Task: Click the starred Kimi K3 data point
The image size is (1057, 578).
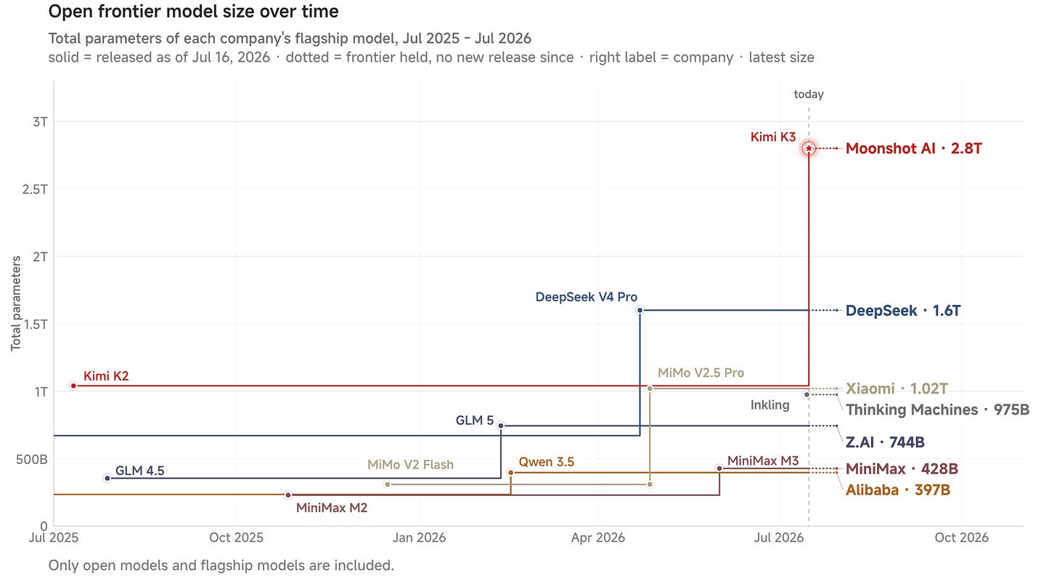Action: coord(809,149)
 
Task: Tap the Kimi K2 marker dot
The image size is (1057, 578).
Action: coord(73,386)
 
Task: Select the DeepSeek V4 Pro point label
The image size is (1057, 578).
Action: coord(586,297)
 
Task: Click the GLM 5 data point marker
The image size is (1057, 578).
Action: coord(501,426)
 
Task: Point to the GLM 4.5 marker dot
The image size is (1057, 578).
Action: coord(107,479)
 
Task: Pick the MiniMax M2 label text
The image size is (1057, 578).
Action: coord(332,508)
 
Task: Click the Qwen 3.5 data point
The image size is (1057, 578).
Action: coord(510,473)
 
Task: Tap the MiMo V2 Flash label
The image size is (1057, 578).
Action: coord(411,465)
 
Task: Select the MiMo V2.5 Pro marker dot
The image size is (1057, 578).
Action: coord(650,388)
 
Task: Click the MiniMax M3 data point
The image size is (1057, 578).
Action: coord(719,468)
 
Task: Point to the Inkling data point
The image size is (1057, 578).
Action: coord(807,394)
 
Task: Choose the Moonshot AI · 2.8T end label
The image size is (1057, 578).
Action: coord(913,149)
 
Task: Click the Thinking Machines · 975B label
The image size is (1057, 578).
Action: coord(937,410)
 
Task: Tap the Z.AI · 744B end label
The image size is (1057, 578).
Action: coord(885,442)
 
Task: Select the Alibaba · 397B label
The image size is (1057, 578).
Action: coord(897,489)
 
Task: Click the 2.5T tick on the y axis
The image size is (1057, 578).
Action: coord(35,190)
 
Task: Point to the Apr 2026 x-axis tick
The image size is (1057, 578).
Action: coord(598,537)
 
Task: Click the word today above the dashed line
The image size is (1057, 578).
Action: coord(809,94)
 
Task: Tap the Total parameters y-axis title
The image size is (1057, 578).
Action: coord(16,304)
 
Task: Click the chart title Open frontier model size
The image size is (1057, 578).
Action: coord(193,12)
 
